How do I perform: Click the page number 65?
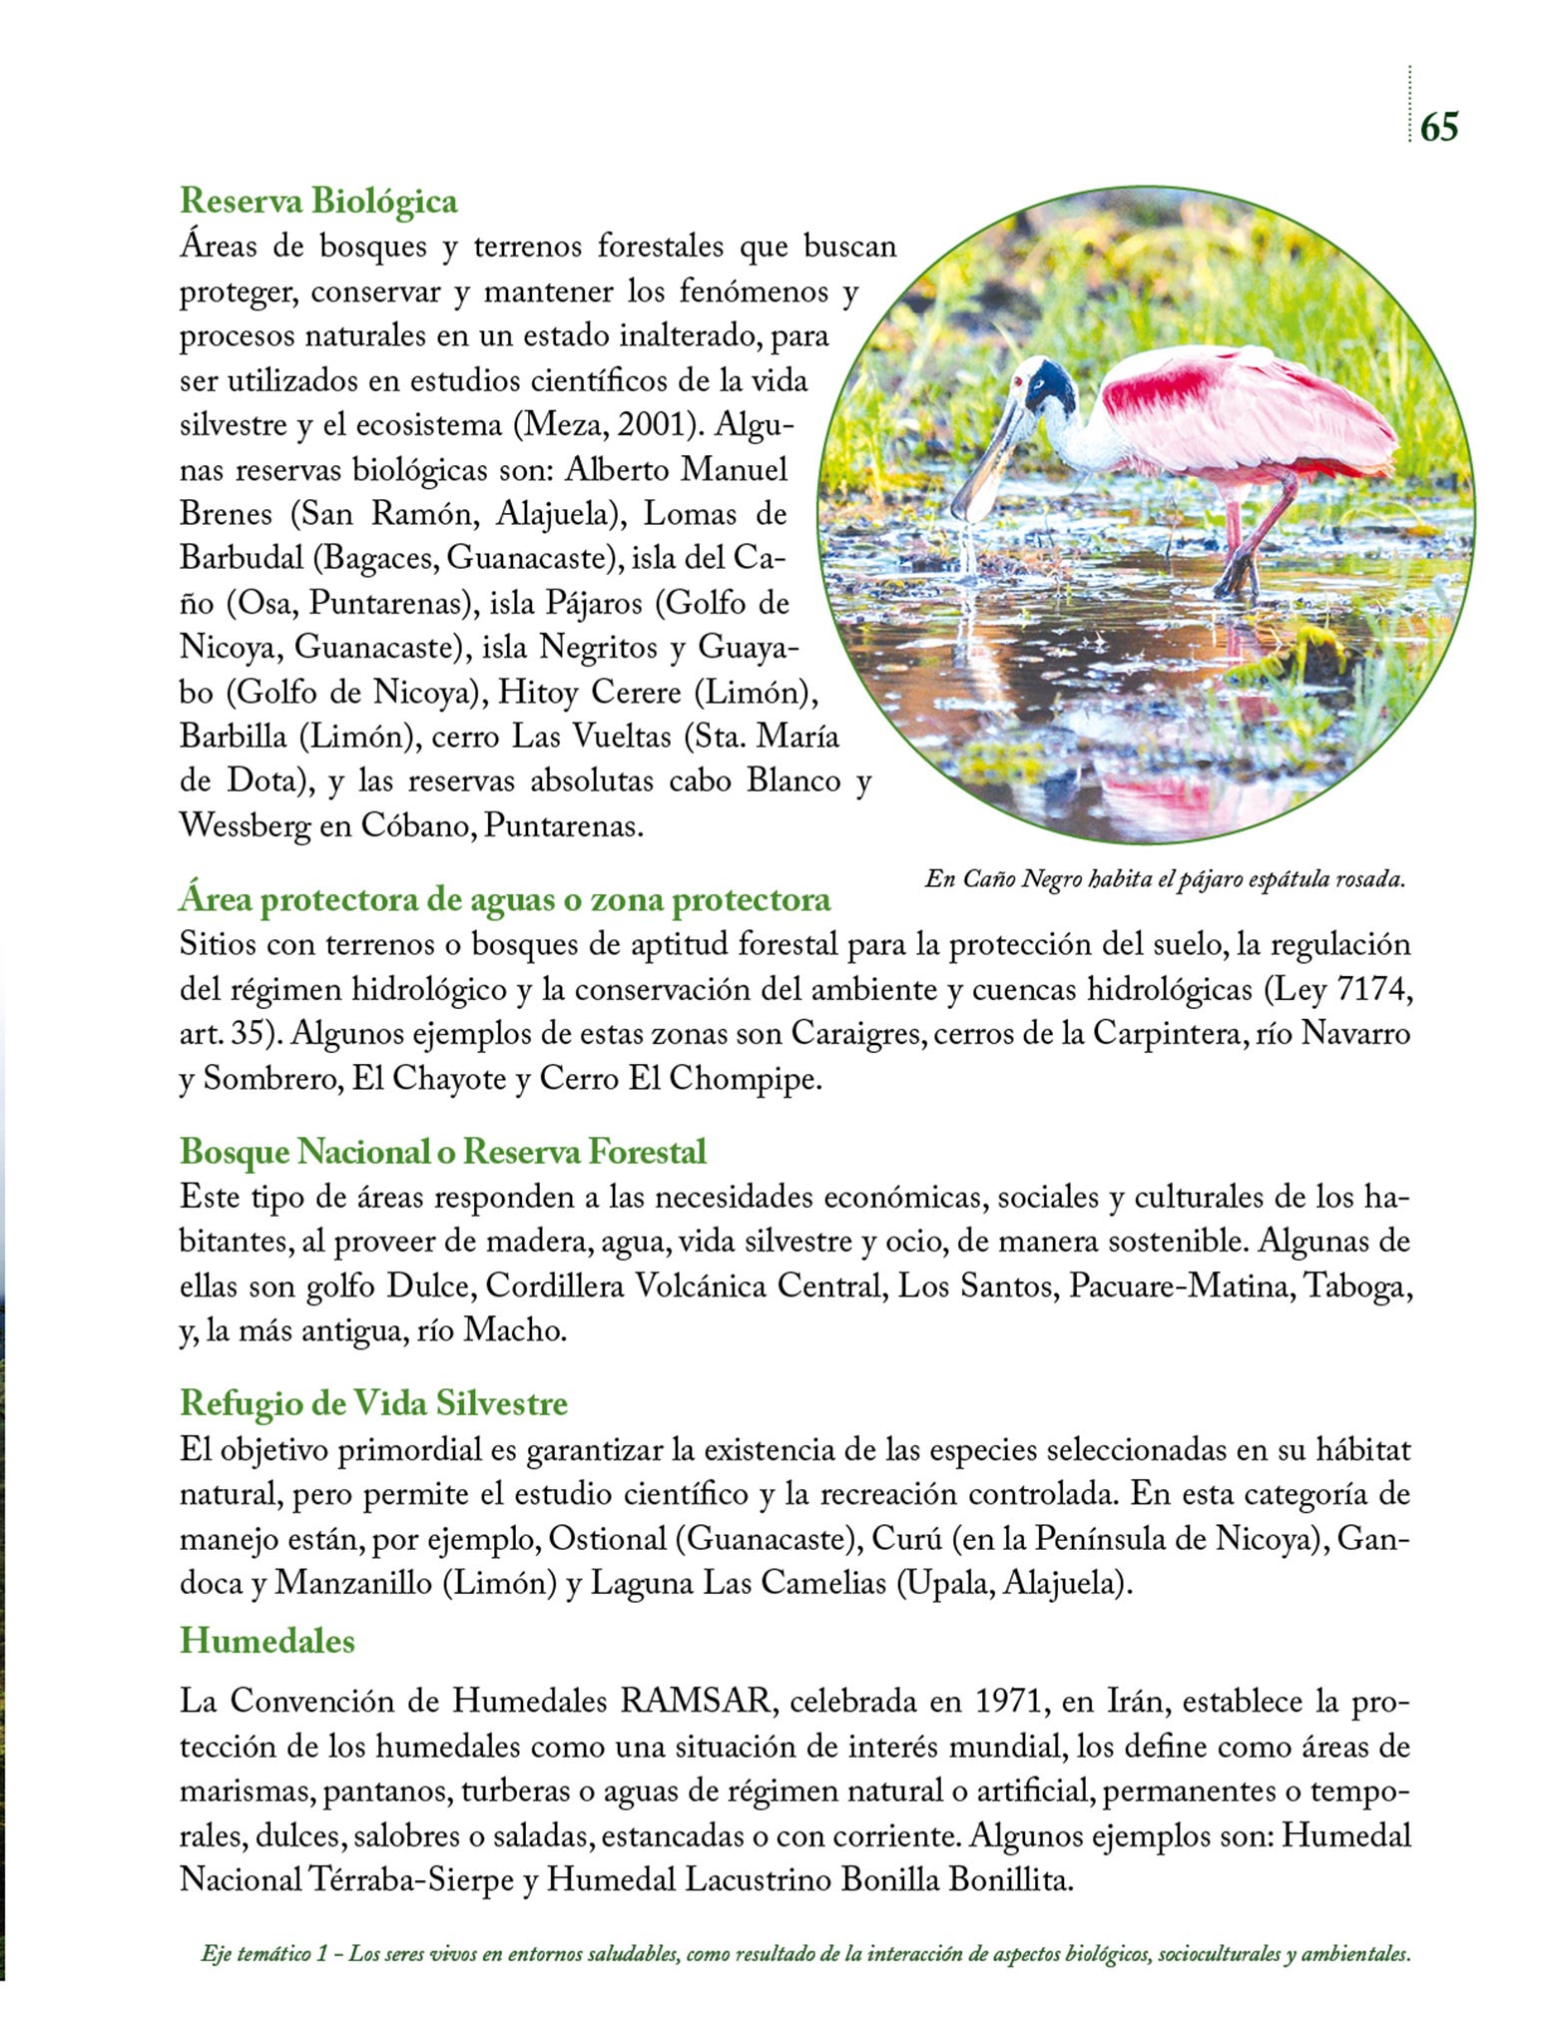(x=1438, y=127)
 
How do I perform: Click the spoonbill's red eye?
(x=1017, y=382)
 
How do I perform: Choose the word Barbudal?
(x=241, y=557)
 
